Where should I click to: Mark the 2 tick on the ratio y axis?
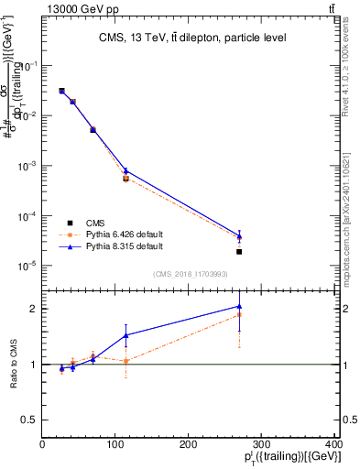coord(33,309)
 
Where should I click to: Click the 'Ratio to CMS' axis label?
coord(15,364)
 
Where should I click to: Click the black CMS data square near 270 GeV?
coord(239,251)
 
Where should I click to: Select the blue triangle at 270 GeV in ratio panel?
coord(239,307)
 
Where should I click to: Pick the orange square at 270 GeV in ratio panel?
coord(239,315)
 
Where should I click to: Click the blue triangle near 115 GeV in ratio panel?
coord(126,335)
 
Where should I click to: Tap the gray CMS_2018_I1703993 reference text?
coord(190,273)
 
